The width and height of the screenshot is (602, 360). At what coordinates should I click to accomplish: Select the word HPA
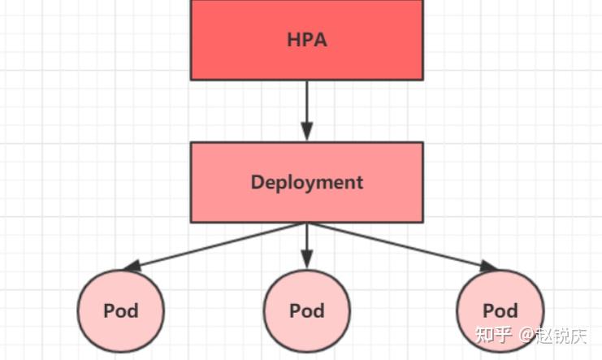pyautogui.click(x=306, y=39)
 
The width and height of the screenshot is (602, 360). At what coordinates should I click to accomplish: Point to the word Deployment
pyautogui.click(x=306, y=182)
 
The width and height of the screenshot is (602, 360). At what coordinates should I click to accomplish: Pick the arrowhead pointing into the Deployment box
pyautogui.click(x=306, y=132)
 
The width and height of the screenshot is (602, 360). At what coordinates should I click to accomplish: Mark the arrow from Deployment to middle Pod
pyautogui.click(x=306, y=240)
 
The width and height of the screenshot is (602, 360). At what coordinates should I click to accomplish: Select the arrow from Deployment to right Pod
pyautogui.click(x=402, y=245)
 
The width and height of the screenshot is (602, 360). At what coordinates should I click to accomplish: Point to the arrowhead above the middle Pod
pyautogui.click(x=306, y=259)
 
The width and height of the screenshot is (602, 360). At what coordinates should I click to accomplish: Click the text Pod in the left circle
pyautogui.click(x=120, y=310)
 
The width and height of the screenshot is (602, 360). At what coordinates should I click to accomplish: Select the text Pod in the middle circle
pyautogui.click(x=306, y=310)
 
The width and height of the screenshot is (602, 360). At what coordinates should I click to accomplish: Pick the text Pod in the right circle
pyautogui.click(x=500, y=310)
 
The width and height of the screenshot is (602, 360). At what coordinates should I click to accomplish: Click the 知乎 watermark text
pyautogui.click(x=494, y=336)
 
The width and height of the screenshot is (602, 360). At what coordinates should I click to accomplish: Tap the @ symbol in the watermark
pyautogui.click(x=526, y=336)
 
